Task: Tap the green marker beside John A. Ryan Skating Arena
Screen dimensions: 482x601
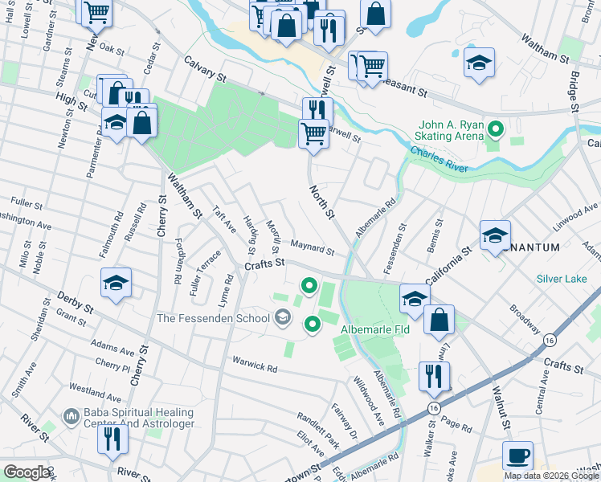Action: pos(497,129)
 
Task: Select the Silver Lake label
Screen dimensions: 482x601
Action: pos(562,279)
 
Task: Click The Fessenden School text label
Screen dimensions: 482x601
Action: pos(213,318)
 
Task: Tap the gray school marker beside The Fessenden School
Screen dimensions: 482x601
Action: pos(282,319)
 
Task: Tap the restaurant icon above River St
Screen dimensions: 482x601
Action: pos(112,439)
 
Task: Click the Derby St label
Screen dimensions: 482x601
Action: pos(76,304)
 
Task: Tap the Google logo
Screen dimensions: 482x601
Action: pos(26,472)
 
